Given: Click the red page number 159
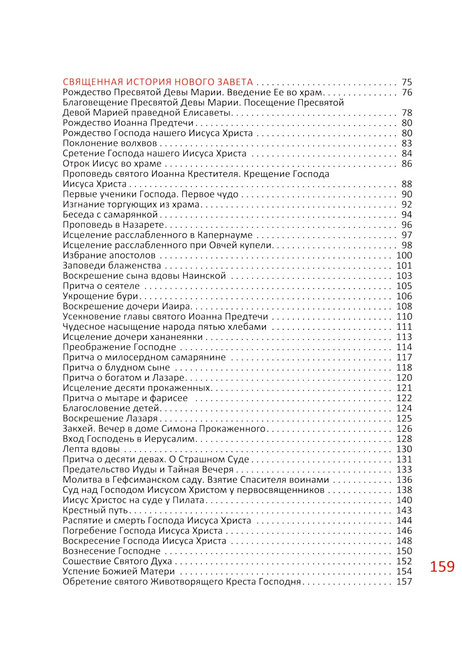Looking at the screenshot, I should point(442,567).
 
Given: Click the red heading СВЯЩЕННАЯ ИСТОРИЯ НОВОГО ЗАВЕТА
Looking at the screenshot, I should point(158,82).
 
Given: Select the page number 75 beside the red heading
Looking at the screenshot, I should point(407,82).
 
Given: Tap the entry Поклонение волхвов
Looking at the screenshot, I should point(110,143).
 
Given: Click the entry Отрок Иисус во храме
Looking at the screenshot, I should point(112,163).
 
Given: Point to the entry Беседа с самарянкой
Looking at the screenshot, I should point(110,215).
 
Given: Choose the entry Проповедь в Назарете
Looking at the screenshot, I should point(114,225).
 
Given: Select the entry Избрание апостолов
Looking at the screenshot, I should point(109,255).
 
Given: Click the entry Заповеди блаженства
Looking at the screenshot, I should point(112,266).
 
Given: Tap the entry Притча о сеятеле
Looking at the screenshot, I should point(101,286).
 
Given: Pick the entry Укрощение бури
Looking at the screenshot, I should point(101,296).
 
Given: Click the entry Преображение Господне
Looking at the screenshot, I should point(119,347).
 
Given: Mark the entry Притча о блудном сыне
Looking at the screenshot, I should point(116,368).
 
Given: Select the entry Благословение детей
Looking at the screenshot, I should point(111,408).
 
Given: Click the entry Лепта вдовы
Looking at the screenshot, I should point(91,449).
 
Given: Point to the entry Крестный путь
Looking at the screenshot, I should point(95,510).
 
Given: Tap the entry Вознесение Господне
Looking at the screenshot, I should point(112,551).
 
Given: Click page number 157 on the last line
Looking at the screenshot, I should point(404,581).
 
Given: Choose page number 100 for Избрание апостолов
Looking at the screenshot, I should point(404,255).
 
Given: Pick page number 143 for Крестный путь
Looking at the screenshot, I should point(404,510).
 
